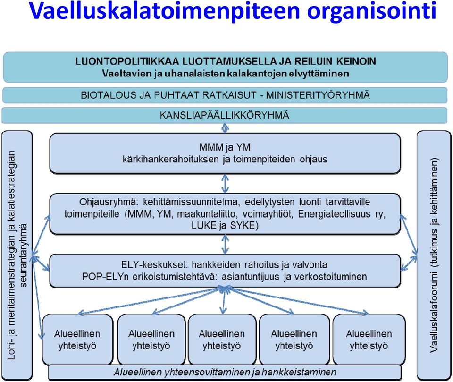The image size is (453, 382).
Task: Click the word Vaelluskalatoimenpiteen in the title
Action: click(x=164, y=11)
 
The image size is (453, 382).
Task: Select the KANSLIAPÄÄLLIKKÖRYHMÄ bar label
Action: click(x=225, y=115)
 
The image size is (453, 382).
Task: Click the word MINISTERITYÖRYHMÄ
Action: click(x=318, y=95)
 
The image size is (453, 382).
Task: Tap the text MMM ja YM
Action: click(x=225, y=147)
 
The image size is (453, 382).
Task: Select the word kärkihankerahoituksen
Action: click(x=171, y=159)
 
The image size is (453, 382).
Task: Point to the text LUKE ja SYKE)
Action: click(x=225, y=226)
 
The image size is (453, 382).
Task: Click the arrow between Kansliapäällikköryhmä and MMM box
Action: click(x=225, y=128)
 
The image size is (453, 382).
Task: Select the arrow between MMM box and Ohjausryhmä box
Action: click(x=225, y=184)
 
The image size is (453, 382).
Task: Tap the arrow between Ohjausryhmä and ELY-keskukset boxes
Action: click(x=225, y=244)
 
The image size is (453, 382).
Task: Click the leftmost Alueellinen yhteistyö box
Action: click(x=77, y=340)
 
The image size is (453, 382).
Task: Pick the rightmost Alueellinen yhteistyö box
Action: click(x=369, y=340)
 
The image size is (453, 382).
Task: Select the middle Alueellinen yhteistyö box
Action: click(x=222, y=340)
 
